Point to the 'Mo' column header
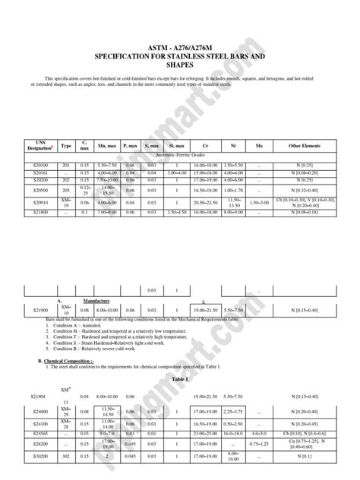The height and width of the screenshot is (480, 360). [x=260, y=145]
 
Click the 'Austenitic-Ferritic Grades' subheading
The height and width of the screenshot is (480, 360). [x=180, y=155]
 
